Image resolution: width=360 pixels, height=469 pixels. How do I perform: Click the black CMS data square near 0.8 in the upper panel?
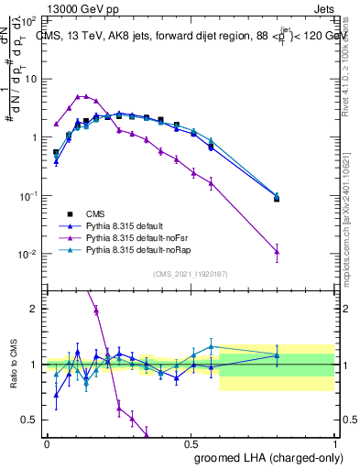pos(277,198)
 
